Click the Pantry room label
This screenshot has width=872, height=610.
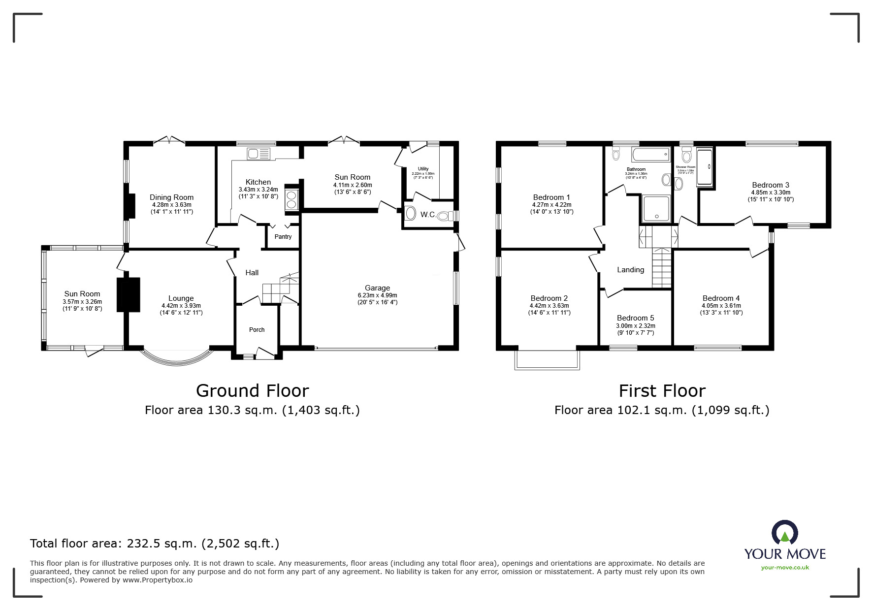(x=283, y=237)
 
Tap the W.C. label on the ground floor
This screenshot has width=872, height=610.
(x=427, y=215)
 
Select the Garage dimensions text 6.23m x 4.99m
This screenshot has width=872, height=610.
(x=377, y=295)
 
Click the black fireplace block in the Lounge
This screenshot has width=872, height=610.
(x=129, y=294)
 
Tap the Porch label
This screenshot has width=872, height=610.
(x=257, y=330)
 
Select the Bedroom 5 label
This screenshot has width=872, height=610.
(x=635, y=318)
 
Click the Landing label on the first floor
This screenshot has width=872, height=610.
(x=630, y=270)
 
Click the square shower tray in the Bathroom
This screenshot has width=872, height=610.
(x=656, y=208)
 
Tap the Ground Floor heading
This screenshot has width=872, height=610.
(x=252, y=391)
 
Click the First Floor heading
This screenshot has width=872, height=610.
(x=662, y=391)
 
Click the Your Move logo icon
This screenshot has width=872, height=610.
(x=784, y=534)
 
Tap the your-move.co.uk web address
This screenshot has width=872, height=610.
(x=785, y=568)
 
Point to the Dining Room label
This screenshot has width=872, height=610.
(x=171, y=197)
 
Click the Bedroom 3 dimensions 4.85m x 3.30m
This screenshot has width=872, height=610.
(x=771, y=193)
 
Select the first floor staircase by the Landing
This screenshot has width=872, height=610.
(x=662, y=268)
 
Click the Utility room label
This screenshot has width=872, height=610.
(x=423, y=169)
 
